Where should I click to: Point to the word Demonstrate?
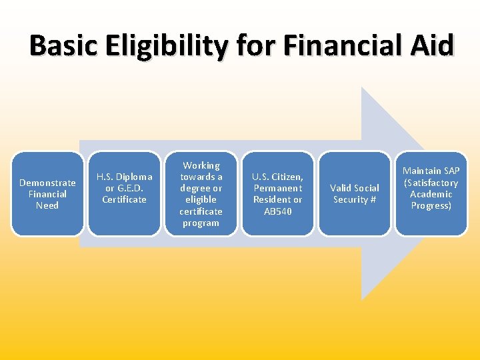[47, 183]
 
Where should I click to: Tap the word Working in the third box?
[201, 165]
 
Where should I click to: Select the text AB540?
[277, 211]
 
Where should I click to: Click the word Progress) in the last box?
[431, 205]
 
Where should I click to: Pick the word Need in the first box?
[47, 205]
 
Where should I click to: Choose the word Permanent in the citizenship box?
[277, 188]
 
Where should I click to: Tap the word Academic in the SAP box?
[431, 194]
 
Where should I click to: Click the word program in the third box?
[201, 223]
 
